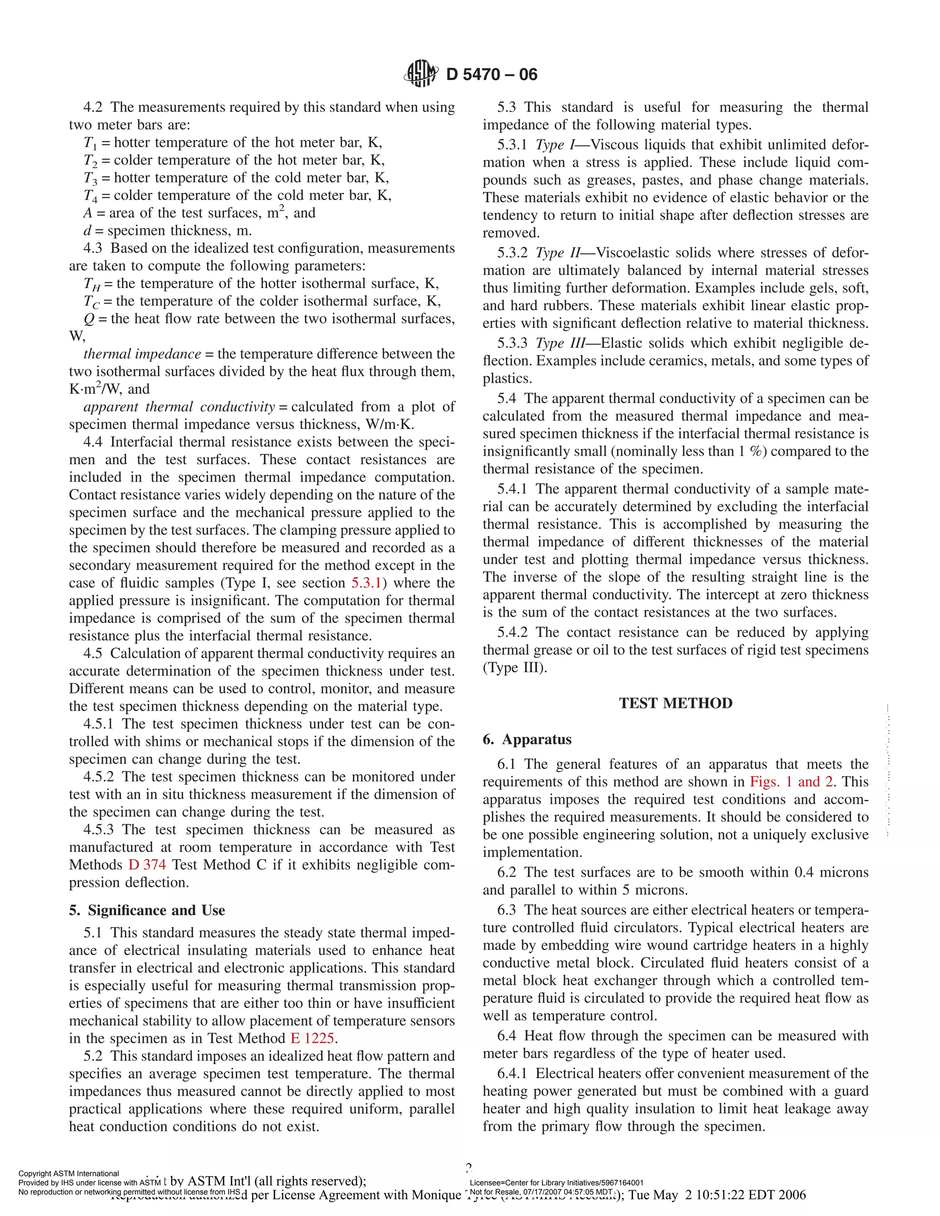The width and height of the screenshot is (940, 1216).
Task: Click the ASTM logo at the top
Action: click(420, 73)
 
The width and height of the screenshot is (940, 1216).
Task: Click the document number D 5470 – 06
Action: click(492, 75)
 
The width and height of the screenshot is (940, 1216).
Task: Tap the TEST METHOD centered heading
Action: click(676, 703)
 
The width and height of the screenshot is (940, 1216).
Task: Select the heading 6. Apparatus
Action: click(527, 739)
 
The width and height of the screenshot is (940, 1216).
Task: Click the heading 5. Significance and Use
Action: click(147, 910)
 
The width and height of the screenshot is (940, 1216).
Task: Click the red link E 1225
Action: click(312, 1038)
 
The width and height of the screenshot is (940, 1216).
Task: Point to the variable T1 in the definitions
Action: click(91, 143)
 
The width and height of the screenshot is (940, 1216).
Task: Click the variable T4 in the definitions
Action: click(91, 196)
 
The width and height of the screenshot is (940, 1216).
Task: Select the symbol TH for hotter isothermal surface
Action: click(92, 284)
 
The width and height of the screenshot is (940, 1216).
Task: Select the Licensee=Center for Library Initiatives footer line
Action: click(556, 1183)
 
